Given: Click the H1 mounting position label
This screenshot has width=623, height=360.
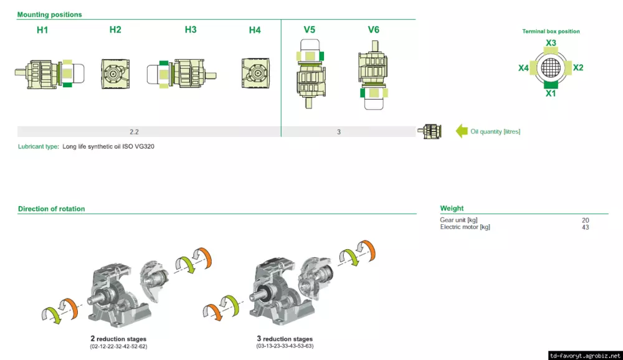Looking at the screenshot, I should click(x=42, y=30).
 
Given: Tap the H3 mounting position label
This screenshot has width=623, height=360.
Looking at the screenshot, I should click(x=191, y=30).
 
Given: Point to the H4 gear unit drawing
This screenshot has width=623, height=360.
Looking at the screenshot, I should click(x=255, y=72).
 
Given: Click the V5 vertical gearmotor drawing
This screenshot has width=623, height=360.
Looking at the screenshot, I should click(x=310, y=72).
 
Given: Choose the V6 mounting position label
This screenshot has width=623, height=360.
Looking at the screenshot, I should click(x=373, y=30).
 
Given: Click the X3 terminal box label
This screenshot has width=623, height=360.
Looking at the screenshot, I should click(x=551, y=43).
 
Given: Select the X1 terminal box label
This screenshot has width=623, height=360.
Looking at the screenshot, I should click(x=551, y=93).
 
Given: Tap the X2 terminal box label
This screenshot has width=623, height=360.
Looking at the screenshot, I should click(x=578, y=67).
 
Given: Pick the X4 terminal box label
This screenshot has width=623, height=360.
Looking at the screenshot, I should click(x=524, y=67).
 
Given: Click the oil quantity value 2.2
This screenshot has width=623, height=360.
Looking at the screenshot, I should click(x=134, y=132).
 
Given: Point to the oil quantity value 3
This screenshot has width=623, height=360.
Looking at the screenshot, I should click(x=339, y=132).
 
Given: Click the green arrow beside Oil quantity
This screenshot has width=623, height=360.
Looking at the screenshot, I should click(x=462, y=131).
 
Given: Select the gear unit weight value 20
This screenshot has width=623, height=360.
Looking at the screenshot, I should click(x=585, y=220).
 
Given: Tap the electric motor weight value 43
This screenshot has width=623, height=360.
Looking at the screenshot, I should click(x=585, y=227).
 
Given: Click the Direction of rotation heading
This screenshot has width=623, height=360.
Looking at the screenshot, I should click(x=52, y=209).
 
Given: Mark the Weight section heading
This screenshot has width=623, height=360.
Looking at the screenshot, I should click(x=452, y=209).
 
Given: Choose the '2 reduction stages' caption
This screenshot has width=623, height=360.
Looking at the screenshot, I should click(x=118, y=339).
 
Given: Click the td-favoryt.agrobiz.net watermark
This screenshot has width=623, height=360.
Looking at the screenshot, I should click(x=584, y=355).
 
